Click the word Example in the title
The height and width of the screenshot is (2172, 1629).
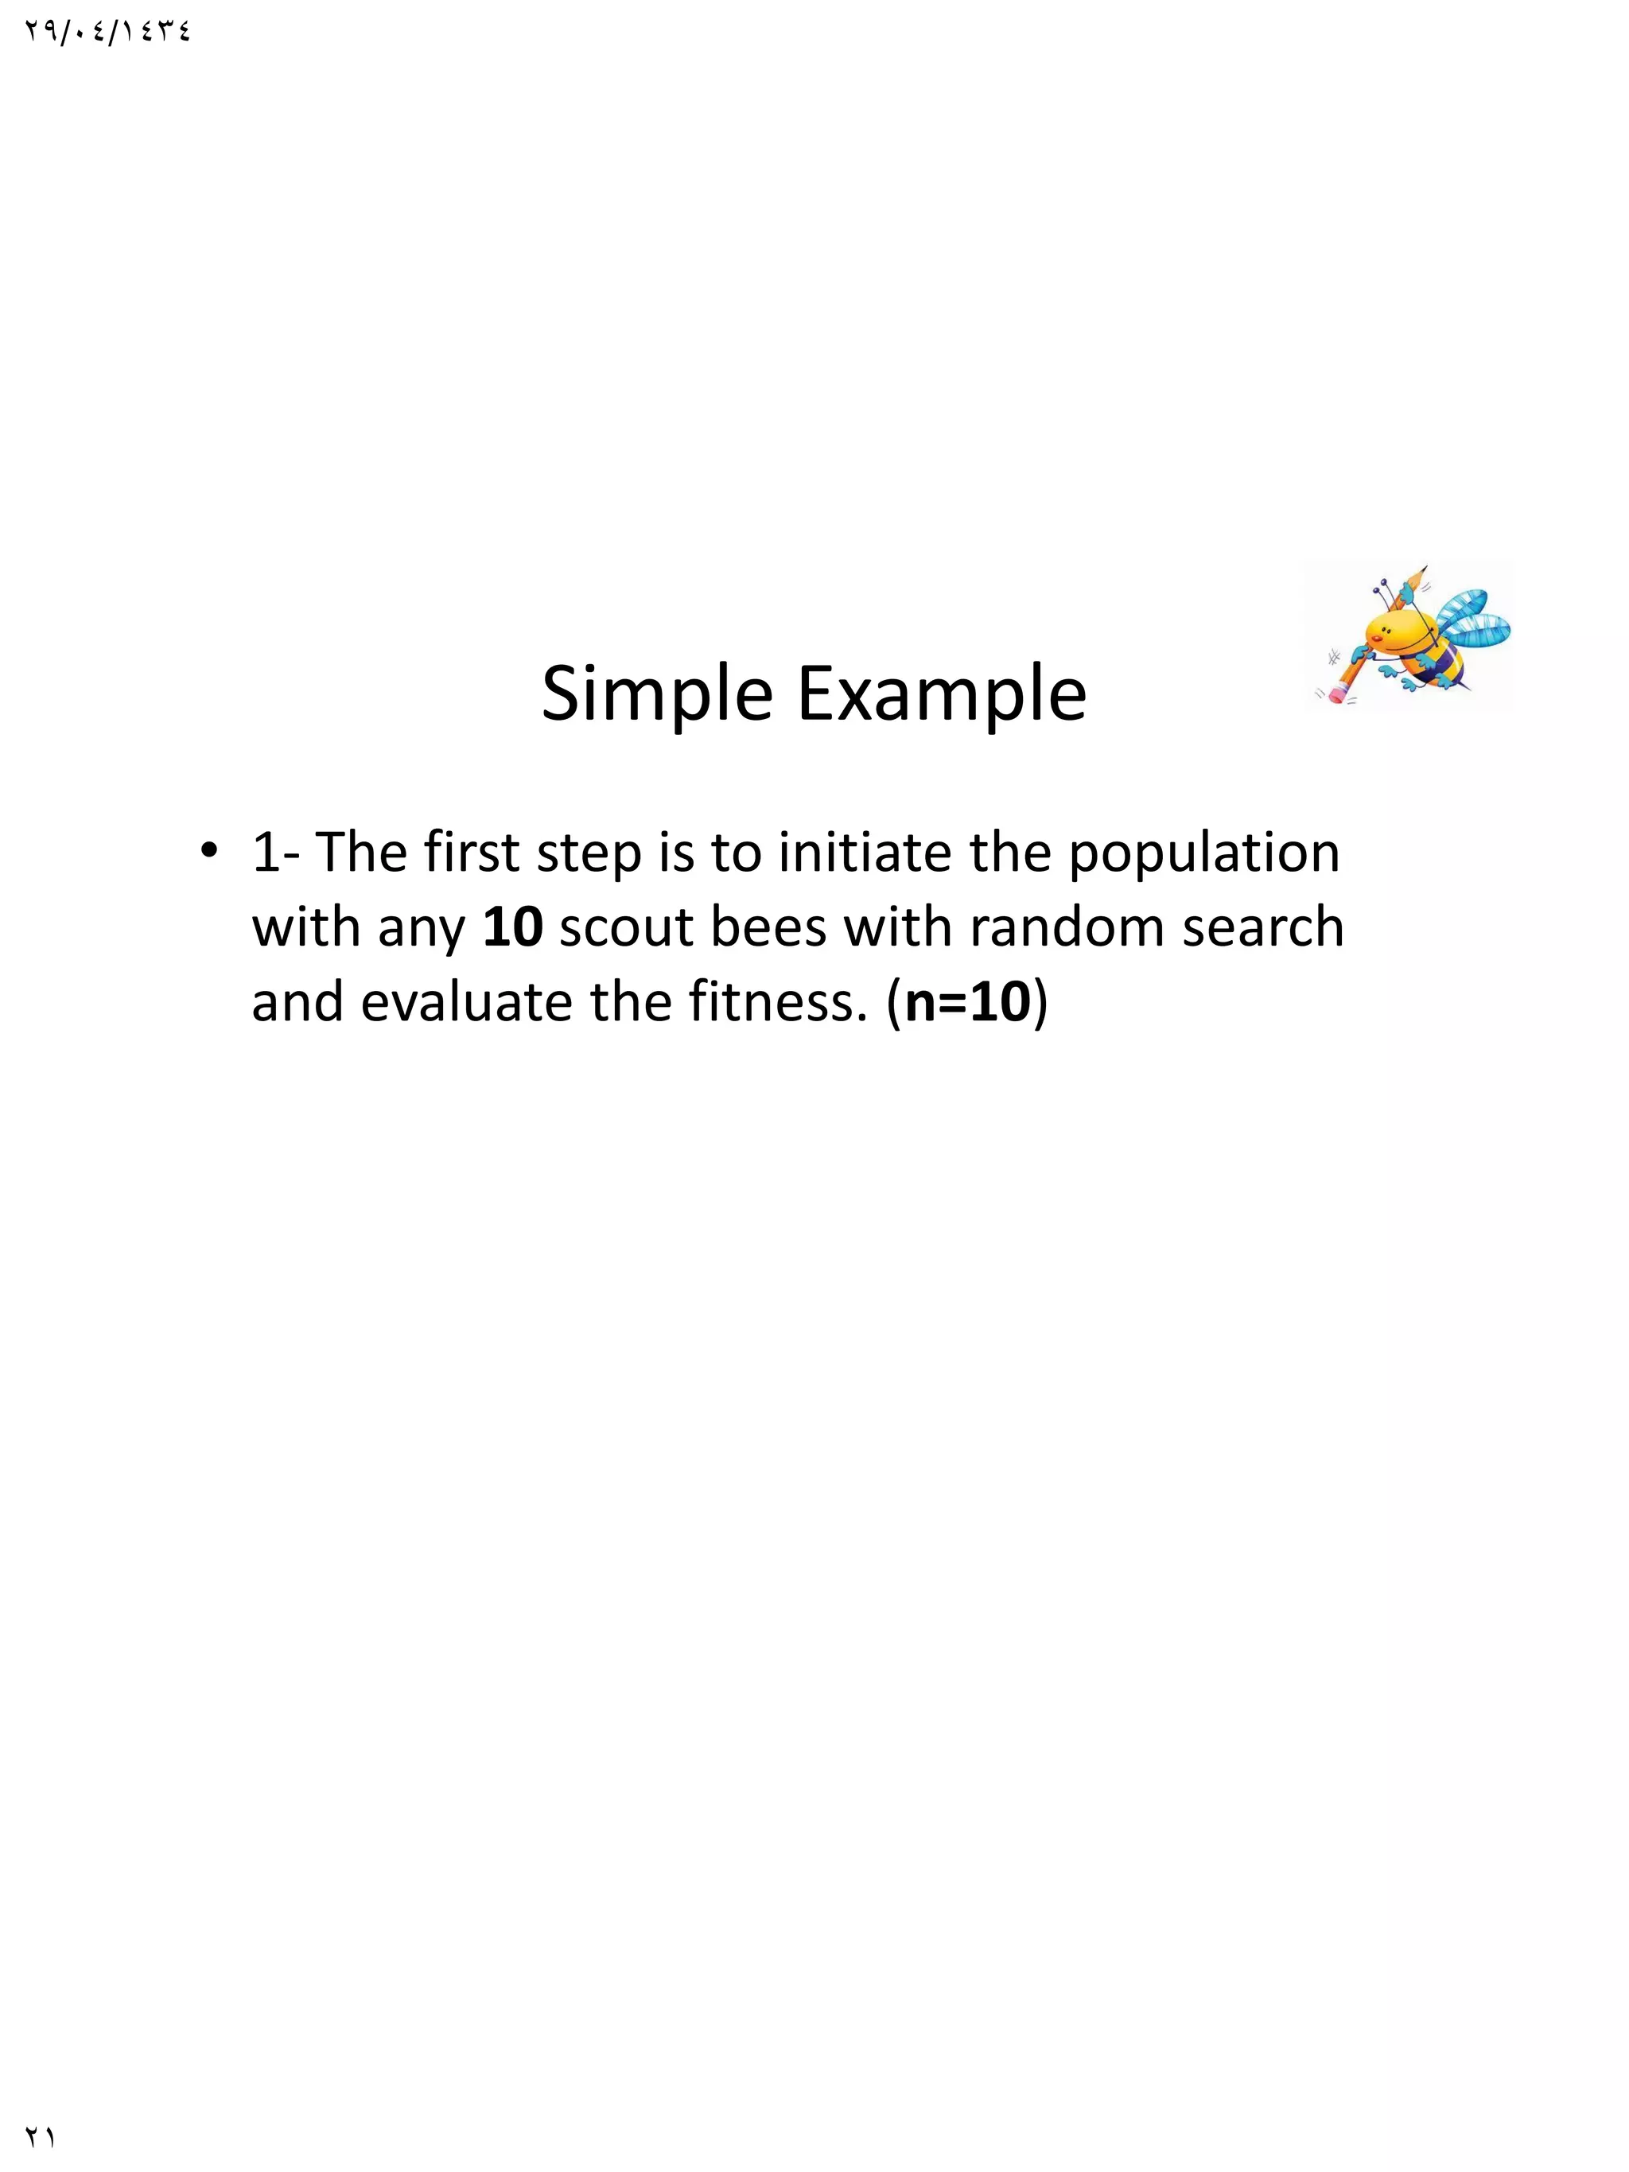(941, 694)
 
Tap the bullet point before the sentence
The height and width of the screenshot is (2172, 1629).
(208, 850)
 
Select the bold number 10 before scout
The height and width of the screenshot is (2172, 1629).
(512, 927)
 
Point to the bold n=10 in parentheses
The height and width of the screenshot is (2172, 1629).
(967, 1003)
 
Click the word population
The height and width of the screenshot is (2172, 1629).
(1203, 853)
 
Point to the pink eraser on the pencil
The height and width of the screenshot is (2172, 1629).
(1335, 695)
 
